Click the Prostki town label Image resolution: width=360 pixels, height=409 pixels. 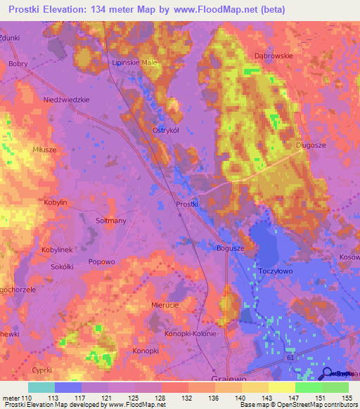click(x=186, y=204)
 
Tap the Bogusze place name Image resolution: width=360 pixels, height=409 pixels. click(x=229, y=248)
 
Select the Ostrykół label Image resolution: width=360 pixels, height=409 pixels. click(x=167, y=130)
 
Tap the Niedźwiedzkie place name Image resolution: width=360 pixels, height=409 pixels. click(x=67, y=100)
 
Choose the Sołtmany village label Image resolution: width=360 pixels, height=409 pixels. click(x=110, y=221)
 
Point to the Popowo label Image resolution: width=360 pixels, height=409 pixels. click(x=101, y=261)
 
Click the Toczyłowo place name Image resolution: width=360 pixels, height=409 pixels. click(x=275, y=270)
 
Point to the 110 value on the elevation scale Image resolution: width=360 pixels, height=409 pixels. click(x=27, y=398)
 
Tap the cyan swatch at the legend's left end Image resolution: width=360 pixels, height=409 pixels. click(x=41, y=387)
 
